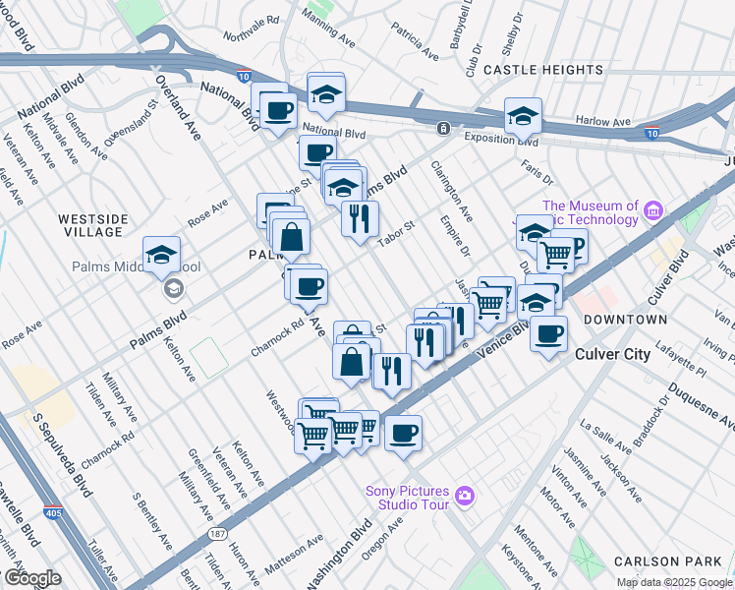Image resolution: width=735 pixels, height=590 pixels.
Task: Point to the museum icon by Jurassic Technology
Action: point(653,209)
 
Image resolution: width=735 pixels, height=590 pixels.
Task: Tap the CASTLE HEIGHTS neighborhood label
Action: point(543,71)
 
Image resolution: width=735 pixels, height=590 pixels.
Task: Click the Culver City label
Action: point(611,354)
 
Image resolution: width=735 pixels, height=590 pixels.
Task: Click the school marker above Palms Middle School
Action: point(161,256)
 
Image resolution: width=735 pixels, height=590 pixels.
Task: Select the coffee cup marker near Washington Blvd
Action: point(402,434)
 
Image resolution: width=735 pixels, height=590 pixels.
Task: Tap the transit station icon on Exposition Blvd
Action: point(444,128)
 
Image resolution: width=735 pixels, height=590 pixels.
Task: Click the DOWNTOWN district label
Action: point(625,321)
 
